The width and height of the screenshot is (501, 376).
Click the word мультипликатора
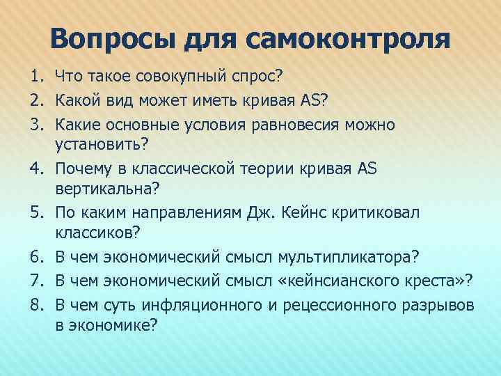(x=347, y=258)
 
